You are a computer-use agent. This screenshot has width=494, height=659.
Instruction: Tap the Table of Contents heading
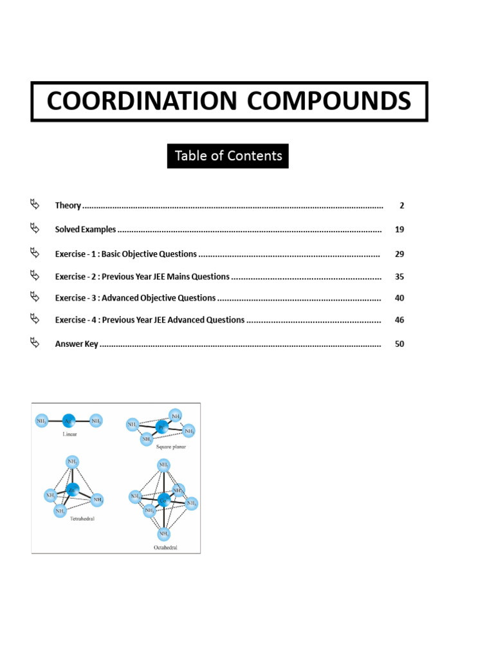pyautogui.click(x=228, y=156)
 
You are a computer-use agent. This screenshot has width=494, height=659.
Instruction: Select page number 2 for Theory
pyautogui.click(x=401, y=206)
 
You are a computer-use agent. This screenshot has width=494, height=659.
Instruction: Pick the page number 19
pyautogui.click(x=399, y=230)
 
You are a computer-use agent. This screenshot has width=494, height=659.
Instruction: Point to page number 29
pyautogui.click(x=399, y=254)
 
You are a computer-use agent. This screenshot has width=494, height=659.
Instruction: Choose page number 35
pyautogui.click(x=399, y=277)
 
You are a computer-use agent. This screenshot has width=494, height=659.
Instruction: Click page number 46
pyautogui.click(x=399, y=320)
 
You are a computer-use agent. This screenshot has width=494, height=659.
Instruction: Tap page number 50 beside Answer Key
pyautogui.click(x=399, y=344)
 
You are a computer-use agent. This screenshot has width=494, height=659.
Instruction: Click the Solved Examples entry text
pyautogui.click(x=86, y=230)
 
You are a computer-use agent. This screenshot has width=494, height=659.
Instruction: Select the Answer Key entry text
pyautogui.click(x=77, y=344)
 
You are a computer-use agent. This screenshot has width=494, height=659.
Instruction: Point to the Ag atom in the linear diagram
pyautogui.click(x=69, y=422)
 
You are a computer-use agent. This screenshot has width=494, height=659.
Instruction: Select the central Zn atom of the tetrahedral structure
pyautogui.click(x=73, y=489)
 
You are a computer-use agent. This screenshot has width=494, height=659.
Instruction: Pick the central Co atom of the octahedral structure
pyautogui.click(x=163, y=499)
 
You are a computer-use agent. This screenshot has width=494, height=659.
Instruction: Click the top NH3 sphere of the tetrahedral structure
pyautogui.click(x=72, y=462)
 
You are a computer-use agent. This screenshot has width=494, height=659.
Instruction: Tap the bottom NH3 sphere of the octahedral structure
pyautogui.click(x=163, y=534)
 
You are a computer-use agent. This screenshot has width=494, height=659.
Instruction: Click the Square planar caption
pyautogui.click(x=171, y=447)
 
